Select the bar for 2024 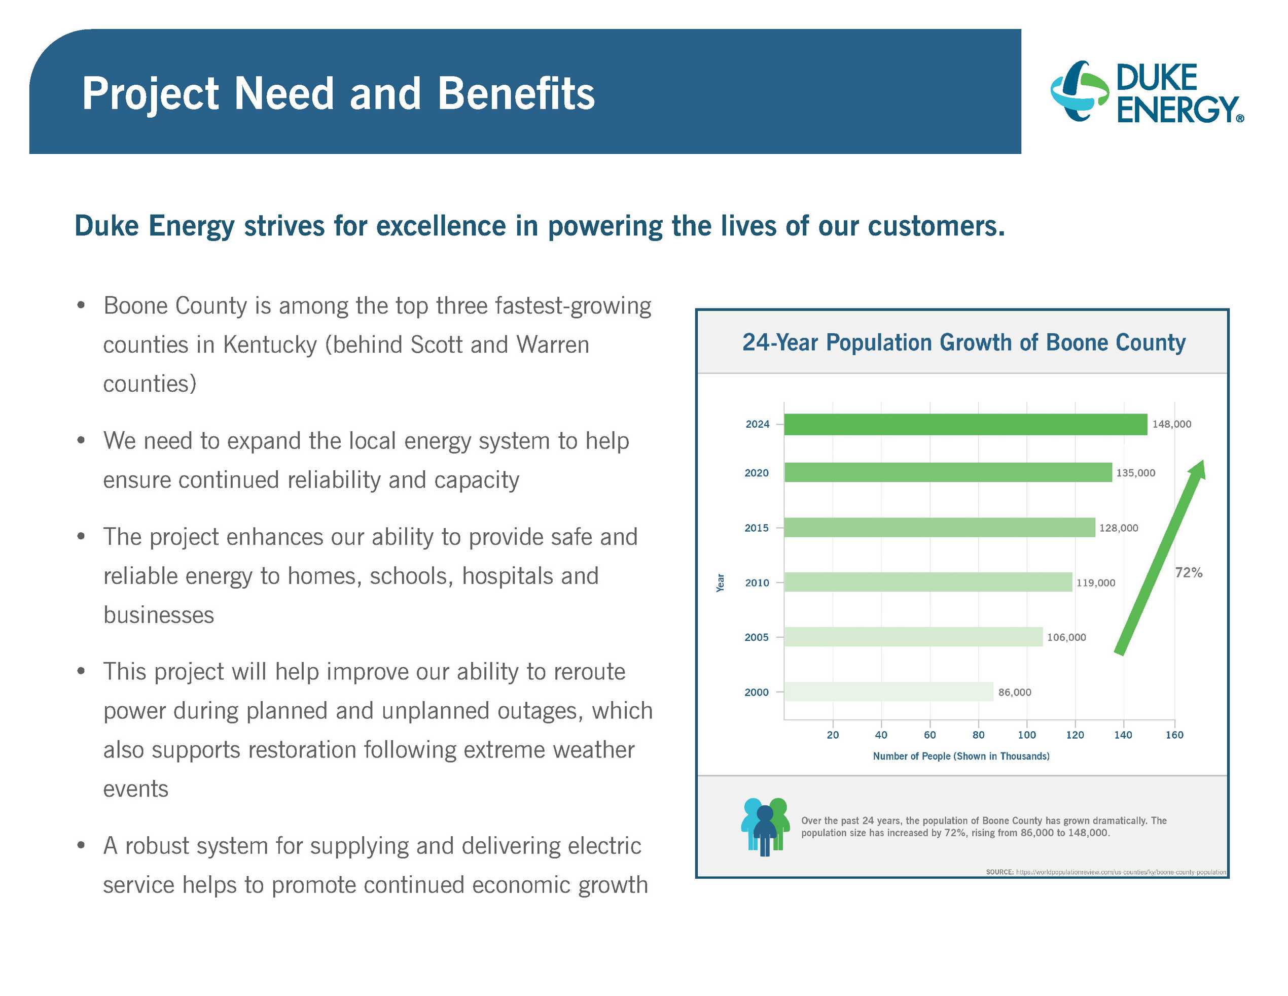click(x=965, y=424)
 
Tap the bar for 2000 click(x=889, y=692)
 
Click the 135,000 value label click(x=1135, y=472)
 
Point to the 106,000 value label click(x=1066, y=637)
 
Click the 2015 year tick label click(x=756, y=528)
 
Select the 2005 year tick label click(x=756, y=637)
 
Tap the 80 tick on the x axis click(x=978, y=735)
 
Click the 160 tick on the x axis click(x=1174, y=735)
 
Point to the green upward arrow click(x=1159, y=558)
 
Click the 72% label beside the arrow click(x=1188, y=572)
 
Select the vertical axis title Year click(x=720, y=582)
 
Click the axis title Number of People click(x=961, y=756)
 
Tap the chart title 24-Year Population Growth click(x=963, y=342)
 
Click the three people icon click(x=765, y=827)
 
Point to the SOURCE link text click(x=1106, y=872)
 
